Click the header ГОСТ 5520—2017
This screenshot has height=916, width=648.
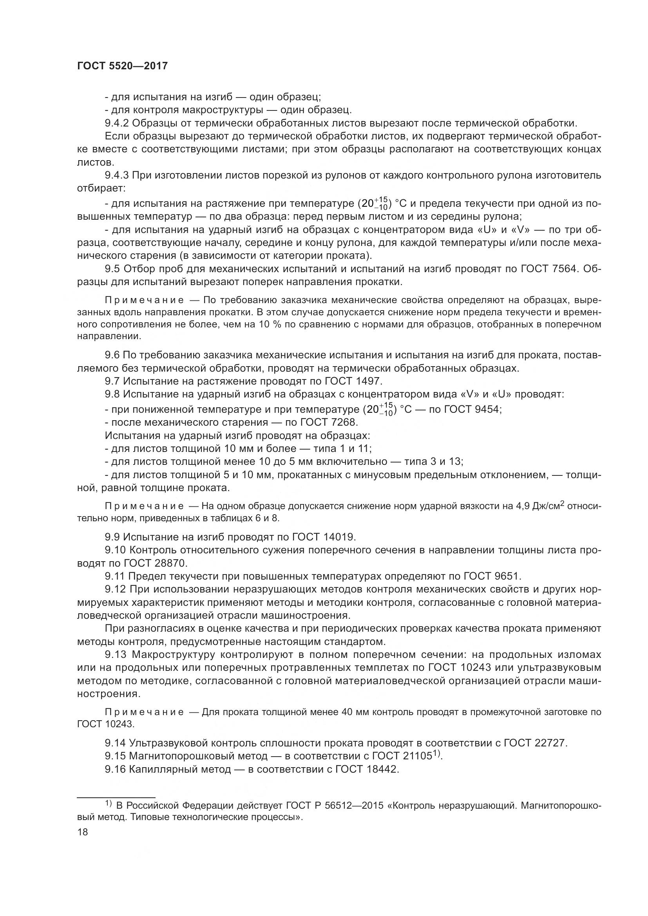point(122,66)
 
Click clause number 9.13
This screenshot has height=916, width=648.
point(116,655)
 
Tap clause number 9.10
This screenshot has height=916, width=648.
point(116,550)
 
